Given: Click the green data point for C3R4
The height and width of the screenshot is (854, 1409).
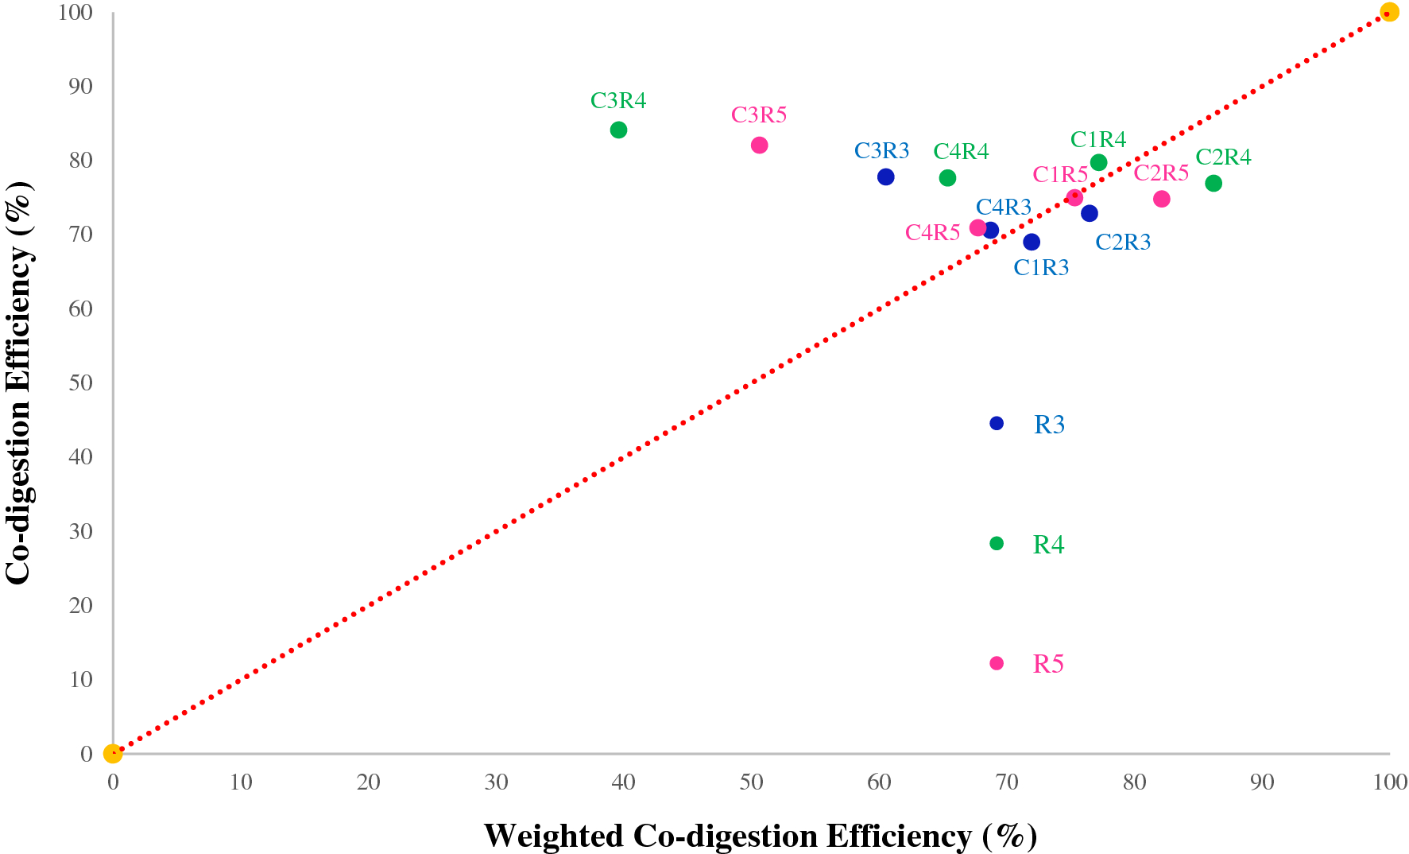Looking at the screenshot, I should coord(618,130).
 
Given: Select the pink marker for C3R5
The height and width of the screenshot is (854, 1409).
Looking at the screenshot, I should coord(759,146).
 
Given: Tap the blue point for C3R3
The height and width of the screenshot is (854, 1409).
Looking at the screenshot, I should coord(885,177).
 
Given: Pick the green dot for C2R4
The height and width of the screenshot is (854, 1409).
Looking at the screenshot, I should coord(1213,184).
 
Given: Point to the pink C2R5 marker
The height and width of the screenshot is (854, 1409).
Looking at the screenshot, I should coord(1161,199).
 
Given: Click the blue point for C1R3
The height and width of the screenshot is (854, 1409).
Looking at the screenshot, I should coord(1032,242).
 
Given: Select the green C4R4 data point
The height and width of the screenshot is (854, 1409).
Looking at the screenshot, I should coord(947,178).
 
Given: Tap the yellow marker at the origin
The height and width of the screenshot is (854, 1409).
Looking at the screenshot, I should coord(113,753).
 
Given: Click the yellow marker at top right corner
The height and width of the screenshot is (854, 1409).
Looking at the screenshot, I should coord(1389,12).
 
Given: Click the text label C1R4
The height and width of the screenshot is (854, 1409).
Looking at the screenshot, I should coord(1098,140).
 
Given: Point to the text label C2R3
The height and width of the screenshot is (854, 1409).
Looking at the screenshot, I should coord(1123,243).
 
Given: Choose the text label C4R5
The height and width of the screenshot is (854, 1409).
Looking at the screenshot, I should coord(933,233).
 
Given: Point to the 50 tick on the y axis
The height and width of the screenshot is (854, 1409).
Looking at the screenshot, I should coord(80,382).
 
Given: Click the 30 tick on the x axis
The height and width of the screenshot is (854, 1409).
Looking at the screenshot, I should coord(496,782).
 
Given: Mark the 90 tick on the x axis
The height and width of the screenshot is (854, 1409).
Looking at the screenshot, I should coord(1262,782).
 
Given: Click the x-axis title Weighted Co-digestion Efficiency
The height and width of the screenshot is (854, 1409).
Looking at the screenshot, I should coord(761,836).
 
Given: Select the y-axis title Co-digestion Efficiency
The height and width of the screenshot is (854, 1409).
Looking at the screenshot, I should coord(19,382).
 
